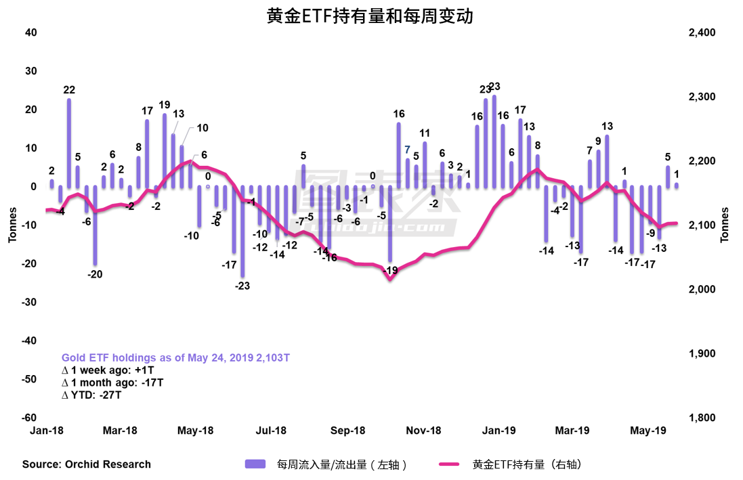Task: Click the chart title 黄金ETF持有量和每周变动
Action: [370, 16]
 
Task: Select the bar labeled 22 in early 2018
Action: [69, 142]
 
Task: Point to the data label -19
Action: [389, 270]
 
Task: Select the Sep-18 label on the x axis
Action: [349, 431]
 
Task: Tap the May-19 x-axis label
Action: [648, 431]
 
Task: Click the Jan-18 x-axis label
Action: [45, 431]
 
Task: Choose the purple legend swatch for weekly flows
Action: [255, 464]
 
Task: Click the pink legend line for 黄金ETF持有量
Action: [453, 464]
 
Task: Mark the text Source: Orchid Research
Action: [87, 464]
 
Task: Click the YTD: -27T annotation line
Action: [91, 395]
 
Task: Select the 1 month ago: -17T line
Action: [112, 383]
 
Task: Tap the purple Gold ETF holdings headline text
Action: [175, 357]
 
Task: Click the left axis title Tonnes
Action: [12, 225]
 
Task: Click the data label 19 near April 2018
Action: [165, 105]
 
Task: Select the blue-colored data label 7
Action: [407, 150]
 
